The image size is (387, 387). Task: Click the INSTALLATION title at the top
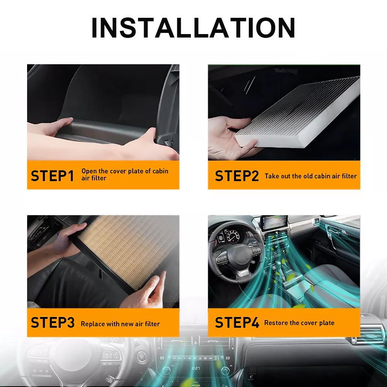coord(193,28)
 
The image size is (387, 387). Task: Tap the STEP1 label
coord(52,176)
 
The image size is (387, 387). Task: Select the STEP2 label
coord(236,176)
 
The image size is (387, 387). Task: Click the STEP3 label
coord(52,323)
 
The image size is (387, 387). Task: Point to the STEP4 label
coord(236,323)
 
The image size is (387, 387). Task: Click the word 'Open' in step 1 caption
coord(89,171)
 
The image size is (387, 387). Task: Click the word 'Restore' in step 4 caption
coord(276,323)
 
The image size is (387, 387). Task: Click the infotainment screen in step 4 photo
coord(274,225)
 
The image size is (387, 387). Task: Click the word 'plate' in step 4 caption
coord(326,323)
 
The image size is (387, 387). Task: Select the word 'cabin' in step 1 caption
coord(160,171)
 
